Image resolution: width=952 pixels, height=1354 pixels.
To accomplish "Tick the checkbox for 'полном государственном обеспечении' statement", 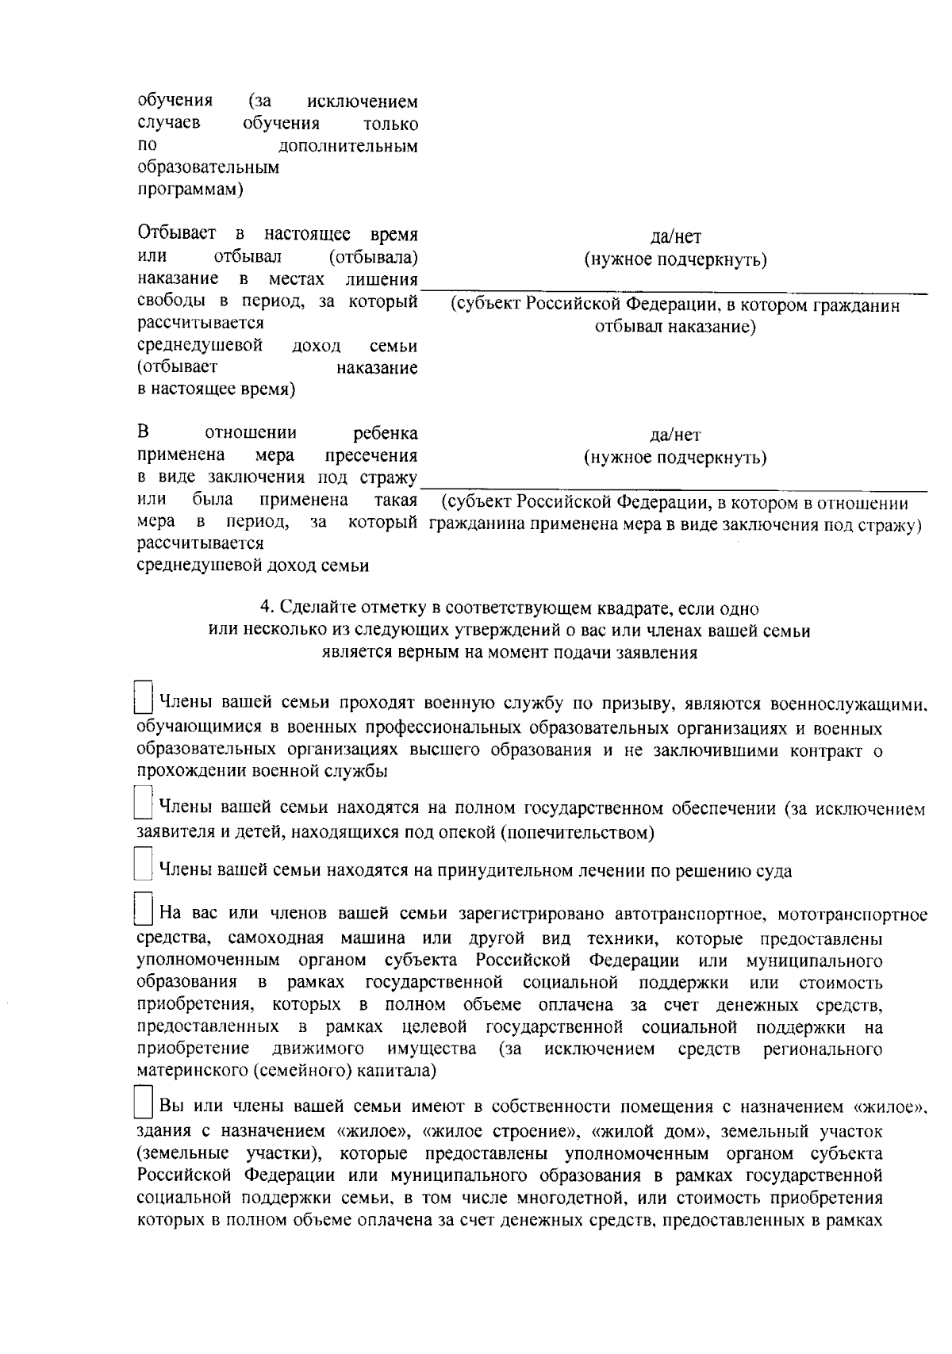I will pos(143,803).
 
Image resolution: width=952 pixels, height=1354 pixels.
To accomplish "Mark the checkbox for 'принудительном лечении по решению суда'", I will pos(143,864).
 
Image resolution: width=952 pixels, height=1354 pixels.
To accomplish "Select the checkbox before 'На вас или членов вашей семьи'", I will pos(143,908).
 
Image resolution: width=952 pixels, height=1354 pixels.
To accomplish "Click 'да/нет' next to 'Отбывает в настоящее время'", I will pos(675,237).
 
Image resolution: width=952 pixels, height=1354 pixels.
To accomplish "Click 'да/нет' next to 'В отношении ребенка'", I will pos(675,435).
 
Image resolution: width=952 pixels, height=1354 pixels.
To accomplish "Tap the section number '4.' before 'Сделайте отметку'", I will pos(267,609).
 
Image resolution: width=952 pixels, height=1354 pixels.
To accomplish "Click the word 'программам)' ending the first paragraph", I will pos(190,190).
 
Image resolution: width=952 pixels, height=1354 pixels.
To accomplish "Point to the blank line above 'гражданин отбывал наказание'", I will pos(674,291).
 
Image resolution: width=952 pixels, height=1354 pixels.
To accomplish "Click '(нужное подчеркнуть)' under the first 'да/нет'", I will pos(675,260).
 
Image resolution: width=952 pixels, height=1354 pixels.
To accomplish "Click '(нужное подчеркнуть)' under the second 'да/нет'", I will pos(675,458).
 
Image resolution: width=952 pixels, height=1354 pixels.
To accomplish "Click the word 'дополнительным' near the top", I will pos(349,147).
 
